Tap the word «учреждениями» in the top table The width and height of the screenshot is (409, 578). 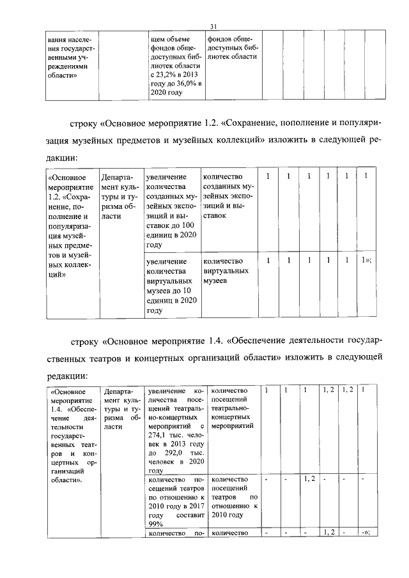70,66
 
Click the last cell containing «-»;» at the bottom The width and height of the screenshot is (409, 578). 366,533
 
